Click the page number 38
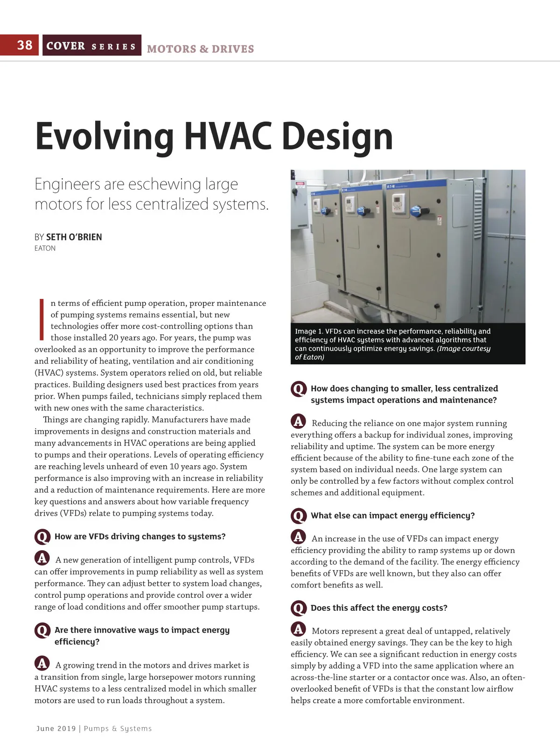pyautogui.click(x=25, y=45)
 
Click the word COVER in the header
pyautogui.click(x=66, y=46)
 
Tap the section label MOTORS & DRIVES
pyautogui.click(x=200, y=49)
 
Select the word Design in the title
pyautogui.click(x=337, y=136)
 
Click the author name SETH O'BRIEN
pyautogui.click(x=74, y=237)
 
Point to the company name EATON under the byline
pyautogui.click(x=45, y=248)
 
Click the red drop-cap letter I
pyautogui.click(x=42, y=319)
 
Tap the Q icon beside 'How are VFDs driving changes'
pyautogui.click(x=42, y=537)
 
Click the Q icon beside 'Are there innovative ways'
pyautogui.click(x=42, y=630)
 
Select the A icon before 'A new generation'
pyautogui.click(x=42, y=558)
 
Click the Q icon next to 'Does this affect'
pyautogui.click(x=298, y=608)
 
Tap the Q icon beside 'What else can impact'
pyautogui.click(x=298, y=516)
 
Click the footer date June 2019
pyautogui.click(x=56, y=729)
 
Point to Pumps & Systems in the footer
pyautogui.click(x=118, y=729)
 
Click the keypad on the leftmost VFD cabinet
pyautogui.click(x=316, y=205)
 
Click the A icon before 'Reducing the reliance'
pyautogui.click(x=298, y=421)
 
